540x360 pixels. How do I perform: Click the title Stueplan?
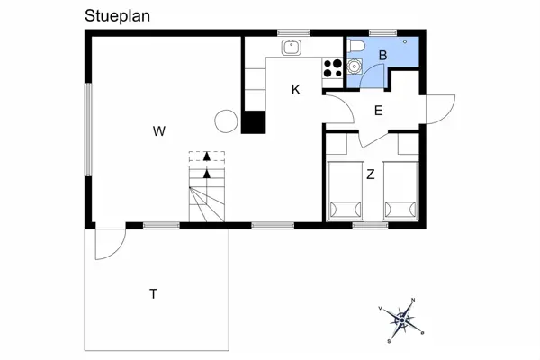[117, 16]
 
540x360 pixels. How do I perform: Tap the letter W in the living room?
[159, 131]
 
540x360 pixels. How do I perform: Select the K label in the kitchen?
[295, 90]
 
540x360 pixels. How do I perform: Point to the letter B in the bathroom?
[382, 56]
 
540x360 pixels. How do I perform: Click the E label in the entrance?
[379, 111]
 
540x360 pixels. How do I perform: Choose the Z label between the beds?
[371, 175]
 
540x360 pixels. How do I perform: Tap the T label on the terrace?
[153, 294]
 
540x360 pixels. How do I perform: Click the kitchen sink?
[292, 48]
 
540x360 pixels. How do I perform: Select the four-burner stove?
[333, 68]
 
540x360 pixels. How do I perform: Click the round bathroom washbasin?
[355, 66]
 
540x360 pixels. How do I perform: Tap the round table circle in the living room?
[226, 121]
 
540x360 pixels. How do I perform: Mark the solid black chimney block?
[254, 122]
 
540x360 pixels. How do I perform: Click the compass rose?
[402, 320]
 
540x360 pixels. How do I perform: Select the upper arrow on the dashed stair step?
[207, 156]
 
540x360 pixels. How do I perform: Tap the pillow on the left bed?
[346, 209]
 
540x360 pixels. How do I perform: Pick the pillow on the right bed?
[400, 209]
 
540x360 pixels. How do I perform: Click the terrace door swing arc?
[111, 244]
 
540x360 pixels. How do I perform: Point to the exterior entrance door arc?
[440, 110]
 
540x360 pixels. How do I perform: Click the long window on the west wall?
[88, 130]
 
